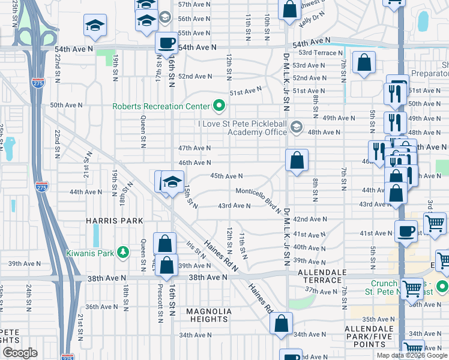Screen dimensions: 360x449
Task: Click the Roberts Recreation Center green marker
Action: (x=219, y=107)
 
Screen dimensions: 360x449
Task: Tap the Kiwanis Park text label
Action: (x=90, y=253)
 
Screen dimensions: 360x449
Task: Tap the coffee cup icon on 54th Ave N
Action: (x=166, y=43)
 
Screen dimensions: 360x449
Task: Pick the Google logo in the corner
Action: (x=20, y=353)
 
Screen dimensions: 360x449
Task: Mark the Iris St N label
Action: (x=193, y=251)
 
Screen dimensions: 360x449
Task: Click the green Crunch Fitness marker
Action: (x=442, y=286)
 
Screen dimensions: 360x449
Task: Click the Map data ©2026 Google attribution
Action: (x=412, y=355)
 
